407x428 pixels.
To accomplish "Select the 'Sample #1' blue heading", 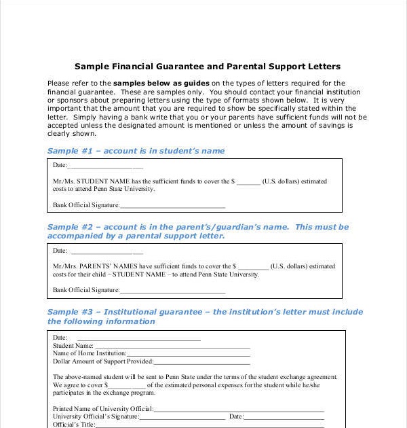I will (136, 151).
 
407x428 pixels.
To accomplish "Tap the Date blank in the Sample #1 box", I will (106, 166).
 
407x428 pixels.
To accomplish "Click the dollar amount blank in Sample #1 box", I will (248, 182).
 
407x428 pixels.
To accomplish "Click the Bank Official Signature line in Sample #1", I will (172, 205).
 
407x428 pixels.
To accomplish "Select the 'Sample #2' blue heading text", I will (198, 231).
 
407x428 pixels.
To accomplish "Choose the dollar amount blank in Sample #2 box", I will (253, 267).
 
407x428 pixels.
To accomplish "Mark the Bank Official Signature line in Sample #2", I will (172, 291).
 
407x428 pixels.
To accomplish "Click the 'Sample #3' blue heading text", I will (205, 317).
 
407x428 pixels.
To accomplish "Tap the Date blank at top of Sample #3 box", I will (138, 338).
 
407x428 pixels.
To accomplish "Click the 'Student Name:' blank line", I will (172, 346).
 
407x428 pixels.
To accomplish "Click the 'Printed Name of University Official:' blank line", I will (239, 409).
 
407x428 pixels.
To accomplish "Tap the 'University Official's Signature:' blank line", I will (182, 416).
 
